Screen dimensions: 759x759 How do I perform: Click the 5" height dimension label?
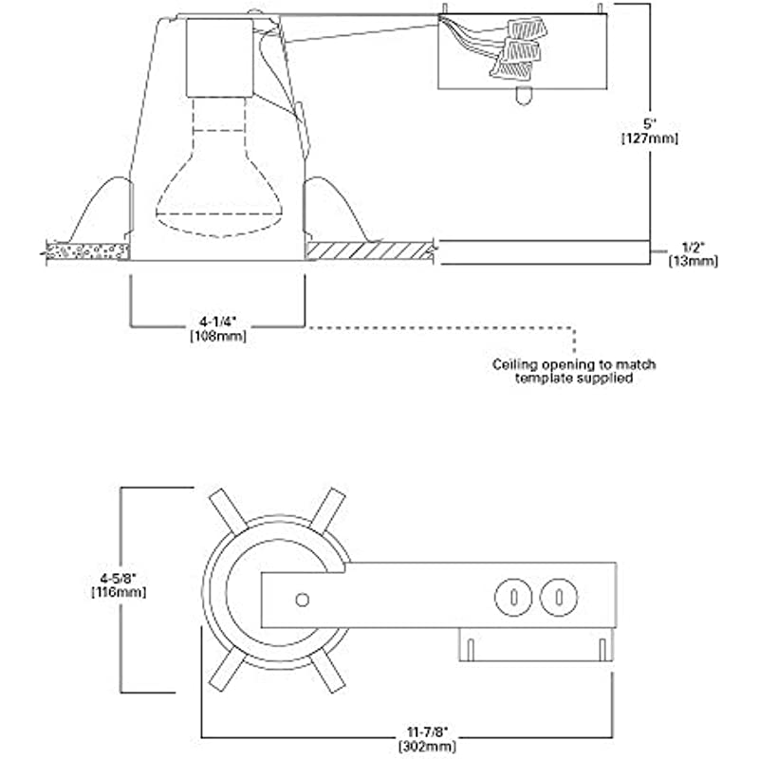coord(649,124)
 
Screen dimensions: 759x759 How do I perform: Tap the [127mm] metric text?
coord(650,139)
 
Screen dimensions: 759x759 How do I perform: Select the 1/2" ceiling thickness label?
coord(693,248)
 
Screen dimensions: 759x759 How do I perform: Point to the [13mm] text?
coord(694,262)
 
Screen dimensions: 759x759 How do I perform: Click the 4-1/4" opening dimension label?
coord(218,322)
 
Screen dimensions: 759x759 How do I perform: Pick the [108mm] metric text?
coord(218,336)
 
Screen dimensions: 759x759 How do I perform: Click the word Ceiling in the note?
coord(514,364)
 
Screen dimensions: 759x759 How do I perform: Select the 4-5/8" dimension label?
coord(119,578)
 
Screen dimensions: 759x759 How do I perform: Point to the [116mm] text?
coord(119,591)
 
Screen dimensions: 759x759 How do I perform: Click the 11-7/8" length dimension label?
coord(427,731)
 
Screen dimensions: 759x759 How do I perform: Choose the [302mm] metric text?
coord(427,746)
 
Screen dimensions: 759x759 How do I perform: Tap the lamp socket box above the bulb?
coord(220,58)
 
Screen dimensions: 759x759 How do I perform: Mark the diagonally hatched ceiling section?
coord(370,250)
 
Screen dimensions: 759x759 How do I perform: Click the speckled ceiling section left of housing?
coord(87,250)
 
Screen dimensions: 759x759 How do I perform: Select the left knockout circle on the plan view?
coord(513,598)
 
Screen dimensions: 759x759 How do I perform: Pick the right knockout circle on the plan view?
coord(559,598)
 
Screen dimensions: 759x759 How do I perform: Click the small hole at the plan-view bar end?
coord(303,600)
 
